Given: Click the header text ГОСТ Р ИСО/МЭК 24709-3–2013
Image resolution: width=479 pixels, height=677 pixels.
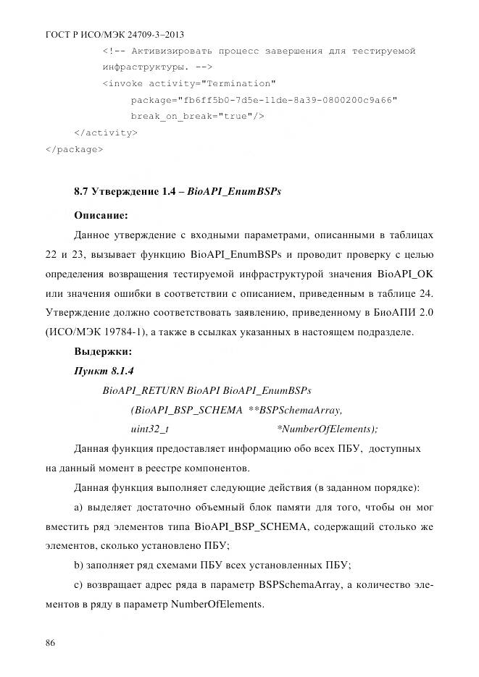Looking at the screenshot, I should [x=113, y=33].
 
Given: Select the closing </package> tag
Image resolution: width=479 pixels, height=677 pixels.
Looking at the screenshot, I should [x=74, y=150].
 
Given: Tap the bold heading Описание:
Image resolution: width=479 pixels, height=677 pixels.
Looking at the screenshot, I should [x=101, y=215].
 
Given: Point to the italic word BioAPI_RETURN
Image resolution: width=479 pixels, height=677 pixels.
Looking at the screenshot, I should [x=143, y=390].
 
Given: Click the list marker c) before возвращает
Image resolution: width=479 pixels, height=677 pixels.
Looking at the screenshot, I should [x=79, y=584].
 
